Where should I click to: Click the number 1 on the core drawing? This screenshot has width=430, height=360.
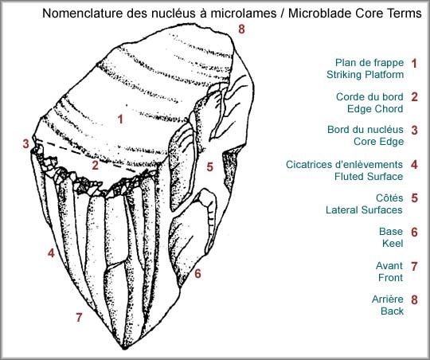(120, 119)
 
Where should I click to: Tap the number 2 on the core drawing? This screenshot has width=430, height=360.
(96, 165)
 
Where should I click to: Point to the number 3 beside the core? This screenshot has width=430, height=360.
(25, 143)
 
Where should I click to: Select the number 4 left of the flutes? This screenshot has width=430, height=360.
(51, 252)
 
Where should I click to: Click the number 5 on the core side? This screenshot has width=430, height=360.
(209, 166)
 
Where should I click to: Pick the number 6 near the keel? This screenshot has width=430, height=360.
(197, 273)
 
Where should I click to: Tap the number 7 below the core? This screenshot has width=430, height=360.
(79, 317)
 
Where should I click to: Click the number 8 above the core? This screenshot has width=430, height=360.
(241, 29)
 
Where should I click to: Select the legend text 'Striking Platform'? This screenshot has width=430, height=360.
(365, 75)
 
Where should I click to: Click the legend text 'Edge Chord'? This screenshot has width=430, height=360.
(375, 108)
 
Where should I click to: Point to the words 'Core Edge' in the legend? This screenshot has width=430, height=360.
(379, 142)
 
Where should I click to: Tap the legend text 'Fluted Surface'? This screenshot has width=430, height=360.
(369, 177)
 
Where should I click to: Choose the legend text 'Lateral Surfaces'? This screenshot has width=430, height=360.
(364, 210)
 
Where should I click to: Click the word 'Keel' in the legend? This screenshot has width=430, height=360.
(393, 244)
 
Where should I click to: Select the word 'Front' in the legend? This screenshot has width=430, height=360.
(390, 277)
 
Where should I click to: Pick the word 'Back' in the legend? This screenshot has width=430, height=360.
(392, 311)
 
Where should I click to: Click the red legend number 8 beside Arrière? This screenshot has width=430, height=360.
(414, 299)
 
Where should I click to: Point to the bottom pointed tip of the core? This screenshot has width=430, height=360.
(124, 349)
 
